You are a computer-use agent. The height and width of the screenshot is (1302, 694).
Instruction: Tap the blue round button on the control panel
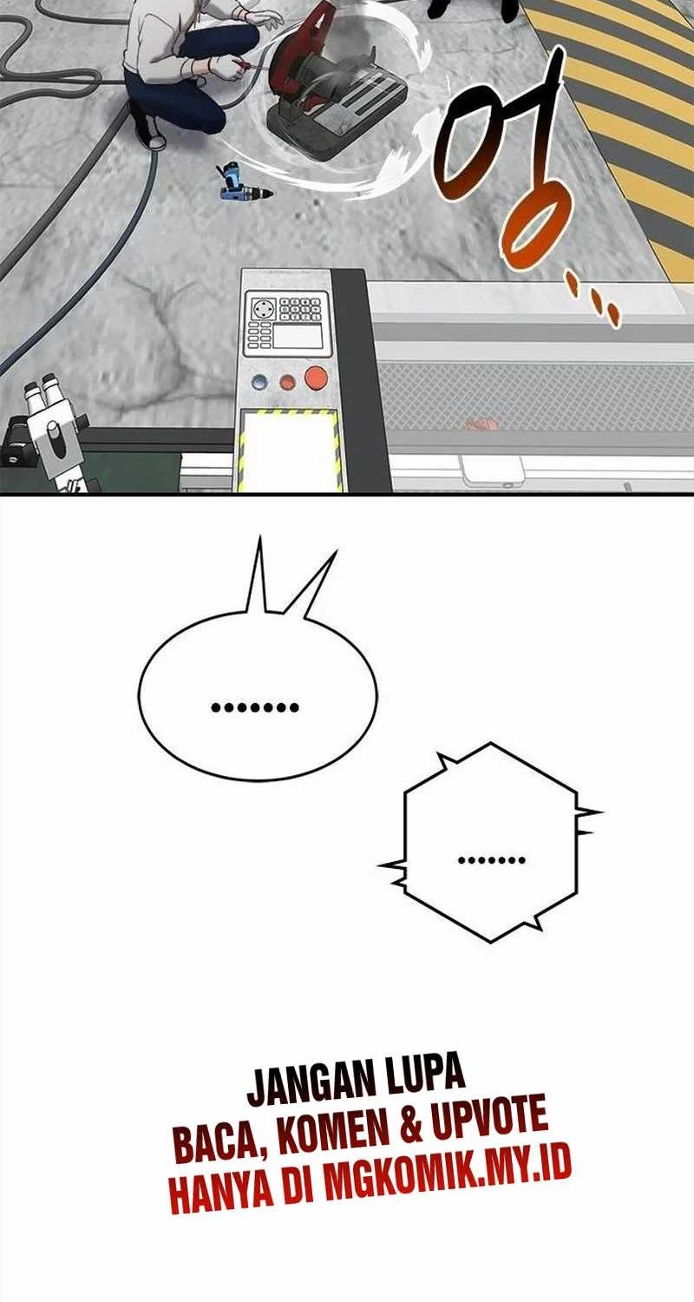260,381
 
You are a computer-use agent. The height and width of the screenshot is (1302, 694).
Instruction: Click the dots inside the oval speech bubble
255,708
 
